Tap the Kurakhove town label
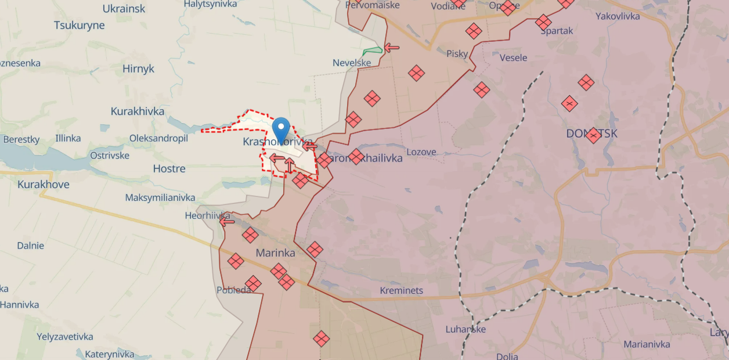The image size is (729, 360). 44,185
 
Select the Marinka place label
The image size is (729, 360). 275,253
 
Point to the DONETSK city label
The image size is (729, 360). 592,134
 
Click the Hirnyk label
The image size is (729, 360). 138,69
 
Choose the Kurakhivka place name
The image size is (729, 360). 138,111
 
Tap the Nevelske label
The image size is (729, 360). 352,63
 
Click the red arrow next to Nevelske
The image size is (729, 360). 392,47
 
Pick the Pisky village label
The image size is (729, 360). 457,53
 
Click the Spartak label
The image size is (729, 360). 557,31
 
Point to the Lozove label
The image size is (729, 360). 421,152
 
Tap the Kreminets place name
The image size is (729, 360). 402,290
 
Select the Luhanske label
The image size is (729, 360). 465,329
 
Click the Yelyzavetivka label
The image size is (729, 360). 65,337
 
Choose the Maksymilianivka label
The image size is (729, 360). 160,197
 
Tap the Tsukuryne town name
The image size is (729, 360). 80,26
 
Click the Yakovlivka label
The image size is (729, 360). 618,16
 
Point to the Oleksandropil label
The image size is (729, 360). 158,138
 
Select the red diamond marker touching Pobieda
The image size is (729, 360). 253,283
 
